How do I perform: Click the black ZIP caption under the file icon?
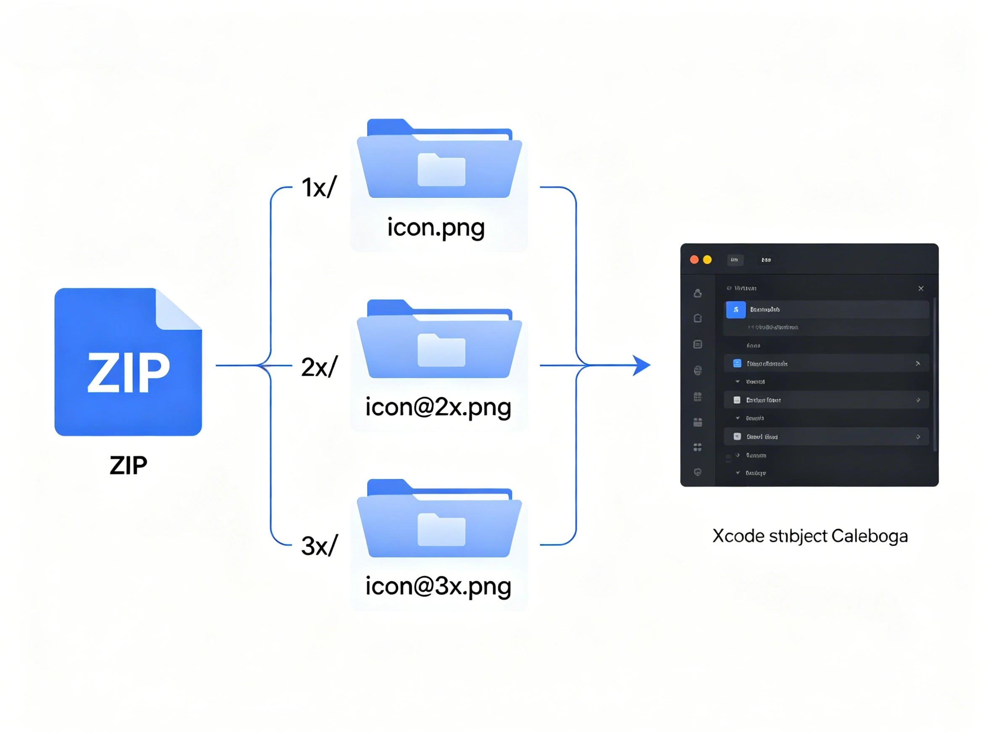tap(129, 465)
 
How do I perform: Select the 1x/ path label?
tap(319, 187)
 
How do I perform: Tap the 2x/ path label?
tap(319, 367)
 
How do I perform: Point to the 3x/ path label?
tap(319, 546)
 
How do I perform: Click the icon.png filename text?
tap(436, 228)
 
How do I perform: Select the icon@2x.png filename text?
tap(438, 407)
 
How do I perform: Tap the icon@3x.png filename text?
tap(438, 587)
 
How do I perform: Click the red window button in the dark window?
tap(694, 260)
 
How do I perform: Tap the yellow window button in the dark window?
tap(707, 260)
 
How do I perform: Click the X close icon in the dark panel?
tap(921, 288)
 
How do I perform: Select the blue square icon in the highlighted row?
tap(736, 309)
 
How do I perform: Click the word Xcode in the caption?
tap(738, 536)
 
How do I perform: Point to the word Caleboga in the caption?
tap(870, 536)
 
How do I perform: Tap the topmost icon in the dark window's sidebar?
tap(698, 293)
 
